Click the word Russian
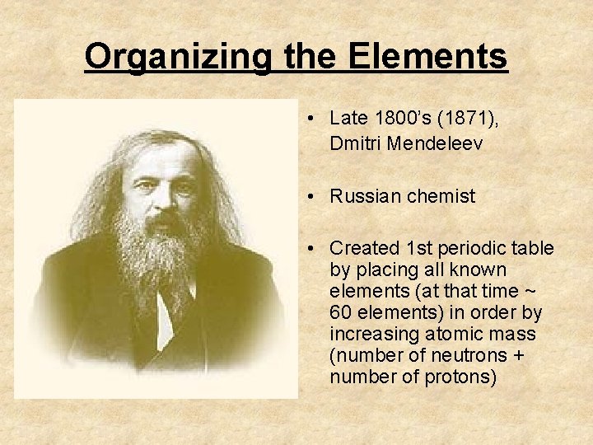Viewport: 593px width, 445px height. (367, 196)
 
